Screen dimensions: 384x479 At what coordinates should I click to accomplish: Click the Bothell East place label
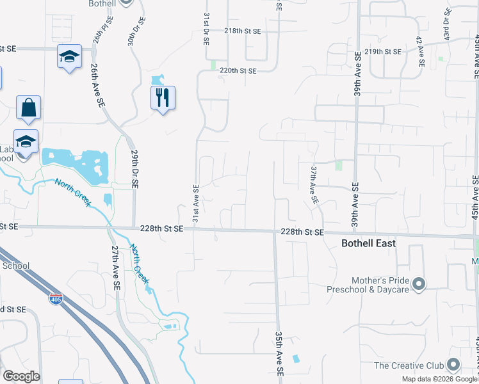coord(368,244)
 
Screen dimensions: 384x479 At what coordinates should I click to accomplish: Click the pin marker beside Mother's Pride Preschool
coord(419,283)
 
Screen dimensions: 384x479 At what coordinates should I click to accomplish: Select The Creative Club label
coord(409,365)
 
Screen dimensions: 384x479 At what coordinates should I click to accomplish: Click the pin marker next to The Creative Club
coord(453,365)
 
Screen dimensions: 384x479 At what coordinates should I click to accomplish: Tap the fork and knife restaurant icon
coord(163,97)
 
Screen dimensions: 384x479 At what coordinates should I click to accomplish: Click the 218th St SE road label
coord(243,31)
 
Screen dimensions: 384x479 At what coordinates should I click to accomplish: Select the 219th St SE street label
coord(383,51)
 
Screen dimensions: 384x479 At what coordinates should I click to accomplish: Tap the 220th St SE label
coord(238,71)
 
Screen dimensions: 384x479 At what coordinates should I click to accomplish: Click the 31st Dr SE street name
coord(206,27)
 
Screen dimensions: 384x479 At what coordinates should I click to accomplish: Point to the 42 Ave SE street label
coord(420,51)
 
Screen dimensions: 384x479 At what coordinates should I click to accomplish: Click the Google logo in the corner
coord(21,376)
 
